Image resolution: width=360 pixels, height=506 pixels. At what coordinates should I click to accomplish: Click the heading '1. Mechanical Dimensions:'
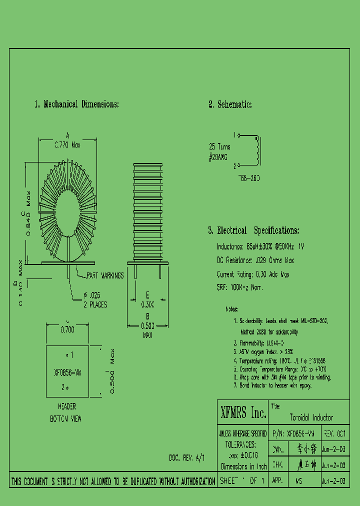coord(76,104)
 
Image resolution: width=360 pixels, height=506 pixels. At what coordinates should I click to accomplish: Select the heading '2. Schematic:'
coord(230,104)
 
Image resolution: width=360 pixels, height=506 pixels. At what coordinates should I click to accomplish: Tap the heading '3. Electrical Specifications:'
coord(253,230)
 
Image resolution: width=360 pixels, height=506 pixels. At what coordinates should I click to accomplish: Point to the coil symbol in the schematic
coord(257,150)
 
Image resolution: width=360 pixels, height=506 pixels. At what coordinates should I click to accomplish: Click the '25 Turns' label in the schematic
coord(219,147)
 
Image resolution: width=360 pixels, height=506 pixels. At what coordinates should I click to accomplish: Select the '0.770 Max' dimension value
coord(67,145)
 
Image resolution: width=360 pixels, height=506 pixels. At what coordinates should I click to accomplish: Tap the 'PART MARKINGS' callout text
coord(105,276)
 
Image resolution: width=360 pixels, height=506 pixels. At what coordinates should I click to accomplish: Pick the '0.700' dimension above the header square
coord(67,330)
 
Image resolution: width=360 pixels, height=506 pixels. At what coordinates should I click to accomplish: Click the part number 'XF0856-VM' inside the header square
coord(67,372)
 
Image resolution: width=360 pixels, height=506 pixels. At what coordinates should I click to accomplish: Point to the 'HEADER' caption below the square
coord(67,407)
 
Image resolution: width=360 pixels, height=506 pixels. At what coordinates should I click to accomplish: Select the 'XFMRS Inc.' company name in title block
coord(243,413)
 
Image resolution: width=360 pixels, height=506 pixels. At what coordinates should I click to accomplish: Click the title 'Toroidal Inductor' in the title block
coord(311,417)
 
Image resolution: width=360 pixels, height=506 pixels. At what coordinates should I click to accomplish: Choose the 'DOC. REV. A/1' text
coord(186,457)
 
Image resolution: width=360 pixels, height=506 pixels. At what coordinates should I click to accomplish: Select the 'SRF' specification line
coord(239,287)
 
